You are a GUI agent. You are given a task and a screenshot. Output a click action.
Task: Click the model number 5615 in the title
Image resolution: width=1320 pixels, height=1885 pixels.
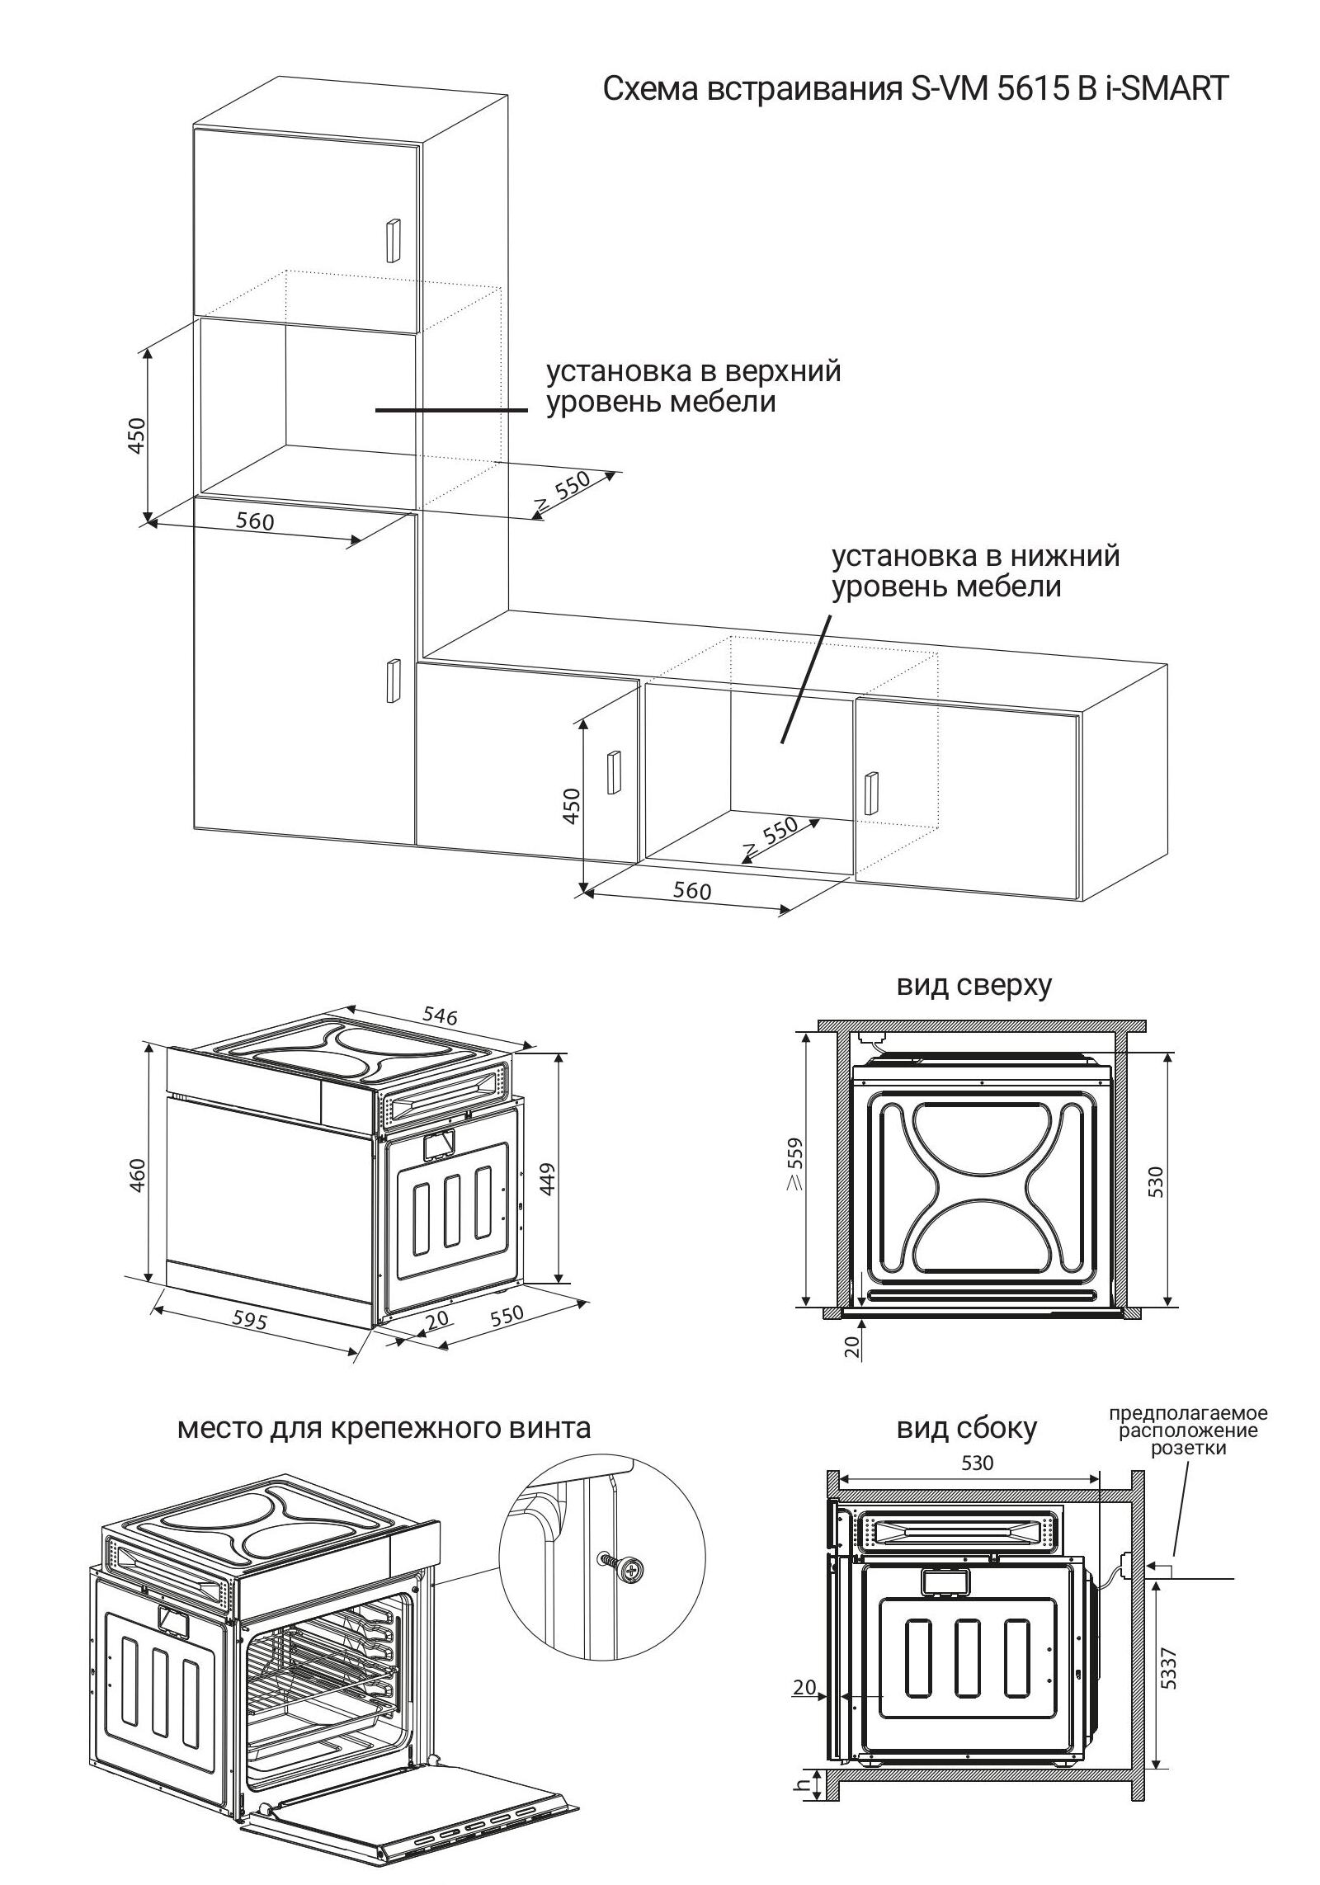pos(1022,88)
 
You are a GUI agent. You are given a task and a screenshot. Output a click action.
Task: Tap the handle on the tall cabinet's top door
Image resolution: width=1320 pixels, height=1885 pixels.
pos(392,243)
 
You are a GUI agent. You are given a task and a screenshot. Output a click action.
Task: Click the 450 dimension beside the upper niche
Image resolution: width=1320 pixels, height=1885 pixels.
pos(137,435)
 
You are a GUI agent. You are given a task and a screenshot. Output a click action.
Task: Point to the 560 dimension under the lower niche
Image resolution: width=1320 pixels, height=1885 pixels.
pos(691,891)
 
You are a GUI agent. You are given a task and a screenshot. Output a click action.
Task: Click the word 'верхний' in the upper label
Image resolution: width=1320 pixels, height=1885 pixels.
pos(783,371)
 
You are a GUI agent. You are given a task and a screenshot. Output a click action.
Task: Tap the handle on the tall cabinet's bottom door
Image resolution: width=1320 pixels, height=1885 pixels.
pos(393,681)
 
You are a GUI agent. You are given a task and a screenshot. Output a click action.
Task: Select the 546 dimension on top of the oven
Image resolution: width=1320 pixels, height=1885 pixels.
pos(439,1016)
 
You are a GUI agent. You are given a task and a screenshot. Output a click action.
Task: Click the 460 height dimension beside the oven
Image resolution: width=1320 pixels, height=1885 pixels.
pos(138,1175)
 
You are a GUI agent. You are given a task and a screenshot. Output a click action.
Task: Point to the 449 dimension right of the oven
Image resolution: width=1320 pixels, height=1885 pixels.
pos(549,1178)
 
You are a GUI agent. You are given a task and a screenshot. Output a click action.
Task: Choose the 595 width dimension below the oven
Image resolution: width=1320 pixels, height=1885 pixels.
pos(249,1321)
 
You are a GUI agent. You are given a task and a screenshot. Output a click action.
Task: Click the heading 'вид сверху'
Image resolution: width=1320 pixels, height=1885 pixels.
pos(974,986)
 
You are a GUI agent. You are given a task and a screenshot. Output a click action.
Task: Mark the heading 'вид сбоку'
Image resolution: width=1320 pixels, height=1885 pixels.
pos(966,1428)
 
